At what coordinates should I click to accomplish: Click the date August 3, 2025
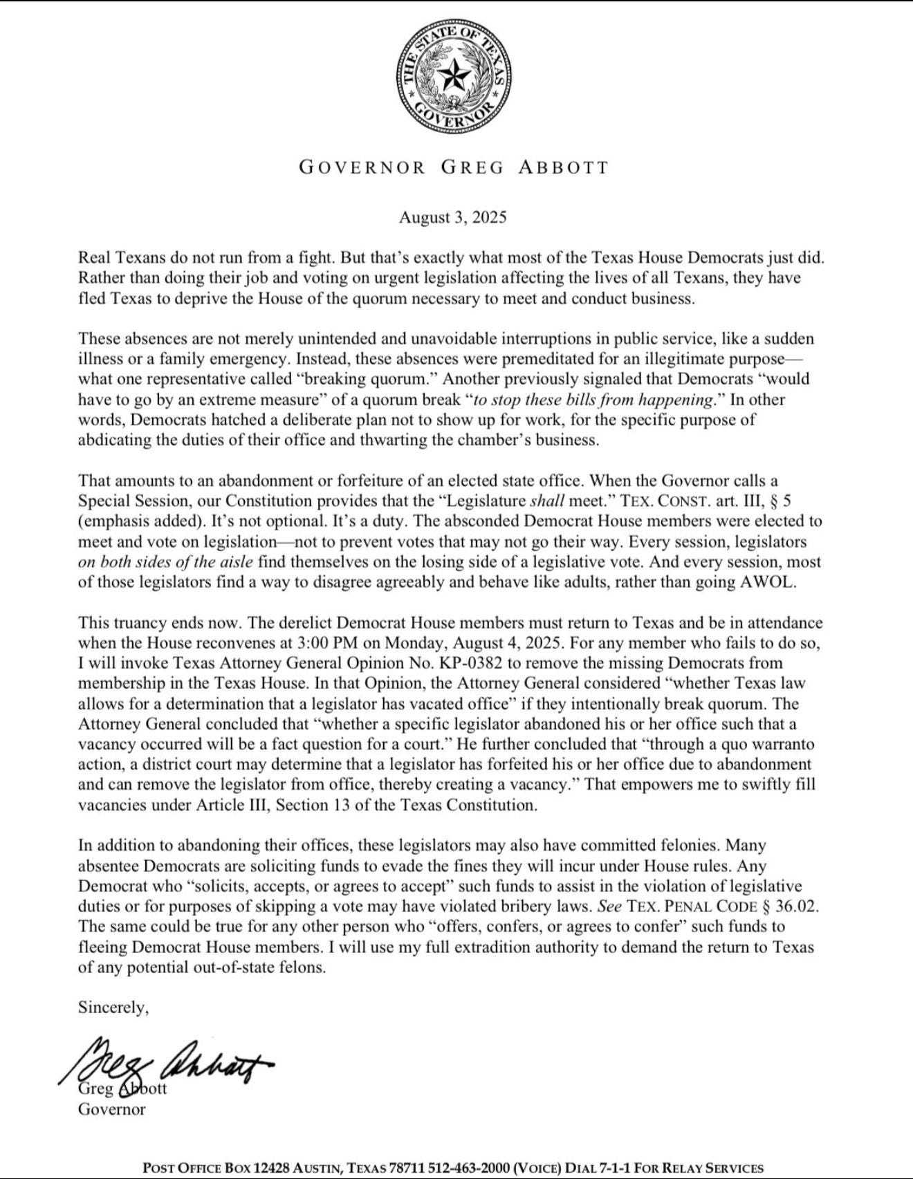(x=452, y=217)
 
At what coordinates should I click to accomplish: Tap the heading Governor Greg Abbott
(x=453, y=167)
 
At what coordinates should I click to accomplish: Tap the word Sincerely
(x=113, y=1007)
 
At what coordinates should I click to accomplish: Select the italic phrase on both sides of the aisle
(x=165, y=561)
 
